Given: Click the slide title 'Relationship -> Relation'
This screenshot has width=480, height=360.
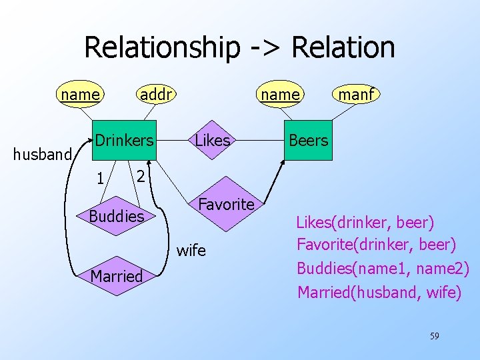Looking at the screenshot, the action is [239, 47].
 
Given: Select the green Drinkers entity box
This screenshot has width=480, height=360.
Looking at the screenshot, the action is [123, 141].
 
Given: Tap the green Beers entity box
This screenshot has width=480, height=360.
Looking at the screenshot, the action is [308, 141].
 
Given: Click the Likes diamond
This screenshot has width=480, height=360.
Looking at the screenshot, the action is [213, 141].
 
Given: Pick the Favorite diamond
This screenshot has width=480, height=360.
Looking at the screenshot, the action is [226, 204].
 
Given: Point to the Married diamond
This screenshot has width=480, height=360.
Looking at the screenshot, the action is [117, 275].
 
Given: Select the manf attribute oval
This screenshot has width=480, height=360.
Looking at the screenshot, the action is [356, 95].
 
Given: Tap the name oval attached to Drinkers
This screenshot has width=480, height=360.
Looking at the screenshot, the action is [80, 95].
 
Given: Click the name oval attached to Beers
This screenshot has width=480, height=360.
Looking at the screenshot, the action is [281, 95].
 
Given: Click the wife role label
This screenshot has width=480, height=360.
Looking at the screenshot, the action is [191, 251].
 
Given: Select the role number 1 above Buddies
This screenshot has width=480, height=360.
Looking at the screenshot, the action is [99, 179].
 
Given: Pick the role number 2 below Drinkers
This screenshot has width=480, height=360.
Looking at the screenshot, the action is [139, 177].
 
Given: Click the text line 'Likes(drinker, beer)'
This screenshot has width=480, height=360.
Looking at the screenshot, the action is [365, 221].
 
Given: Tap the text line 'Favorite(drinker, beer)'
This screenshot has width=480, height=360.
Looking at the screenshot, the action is [376, 245].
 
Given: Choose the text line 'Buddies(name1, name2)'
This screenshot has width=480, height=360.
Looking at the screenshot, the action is [383, 268].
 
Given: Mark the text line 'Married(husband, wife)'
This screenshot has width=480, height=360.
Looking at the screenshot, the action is [379, 291].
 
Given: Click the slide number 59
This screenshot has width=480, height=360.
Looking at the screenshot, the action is [434, 336].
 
